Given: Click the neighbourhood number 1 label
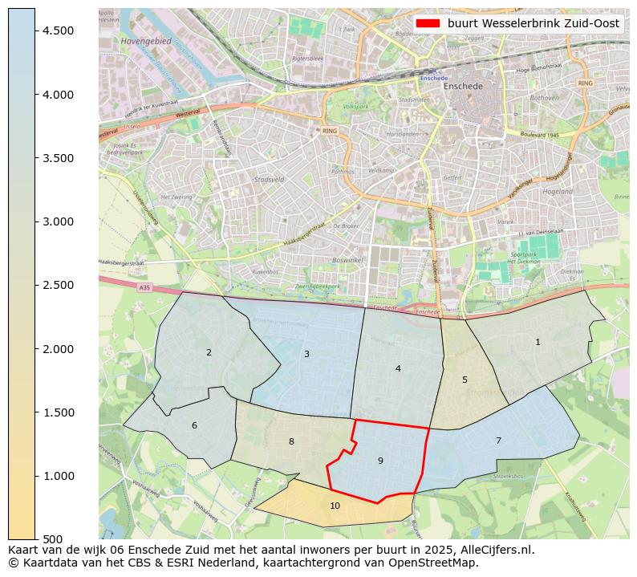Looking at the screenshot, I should (x=538, y=342).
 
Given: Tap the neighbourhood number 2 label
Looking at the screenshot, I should (x=209, y=352).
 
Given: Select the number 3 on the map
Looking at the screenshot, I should (x=306, y=354).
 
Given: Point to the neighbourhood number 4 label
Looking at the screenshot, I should (x=398, y=368).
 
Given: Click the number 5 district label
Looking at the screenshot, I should (x=465, y=380).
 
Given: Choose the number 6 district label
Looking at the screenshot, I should (x=194, y=425).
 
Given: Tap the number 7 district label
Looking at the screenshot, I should (x=498, y=441).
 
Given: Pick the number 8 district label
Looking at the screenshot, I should (x=291, y=441).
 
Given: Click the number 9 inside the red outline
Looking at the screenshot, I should (x=380, y=461).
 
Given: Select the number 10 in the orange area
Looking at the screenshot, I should (x=335, y=506).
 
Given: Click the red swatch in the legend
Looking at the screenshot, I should (x=428, y=23).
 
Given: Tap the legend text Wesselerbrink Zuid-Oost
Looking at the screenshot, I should (x=533, y=23).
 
